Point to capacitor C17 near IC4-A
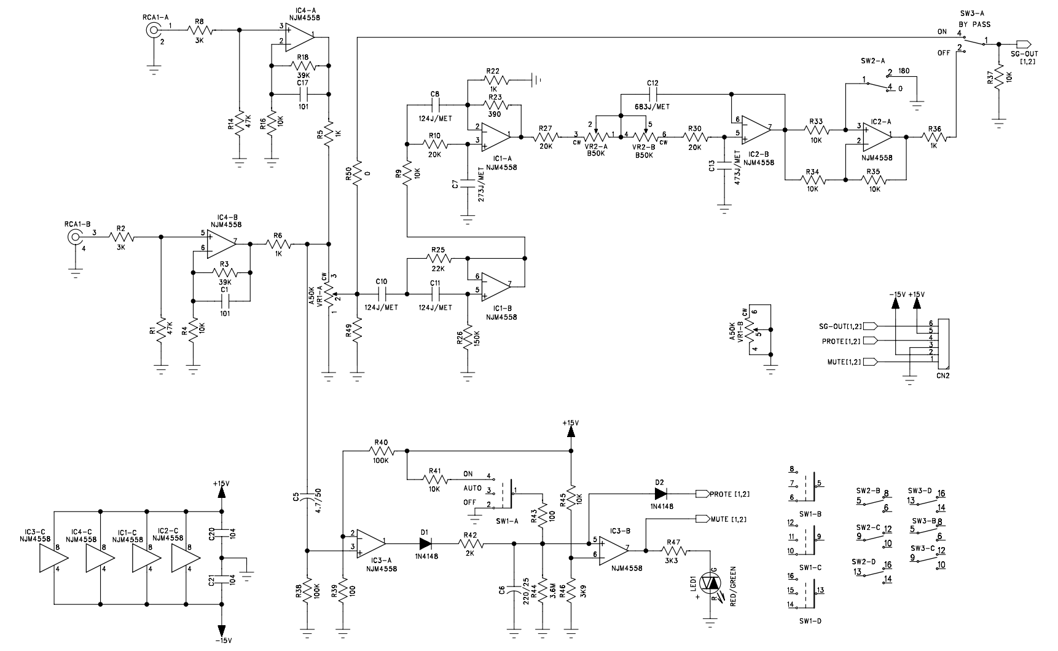click(x=302, y=93)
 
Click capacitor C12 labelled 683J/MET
click(x=652, y=93)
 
